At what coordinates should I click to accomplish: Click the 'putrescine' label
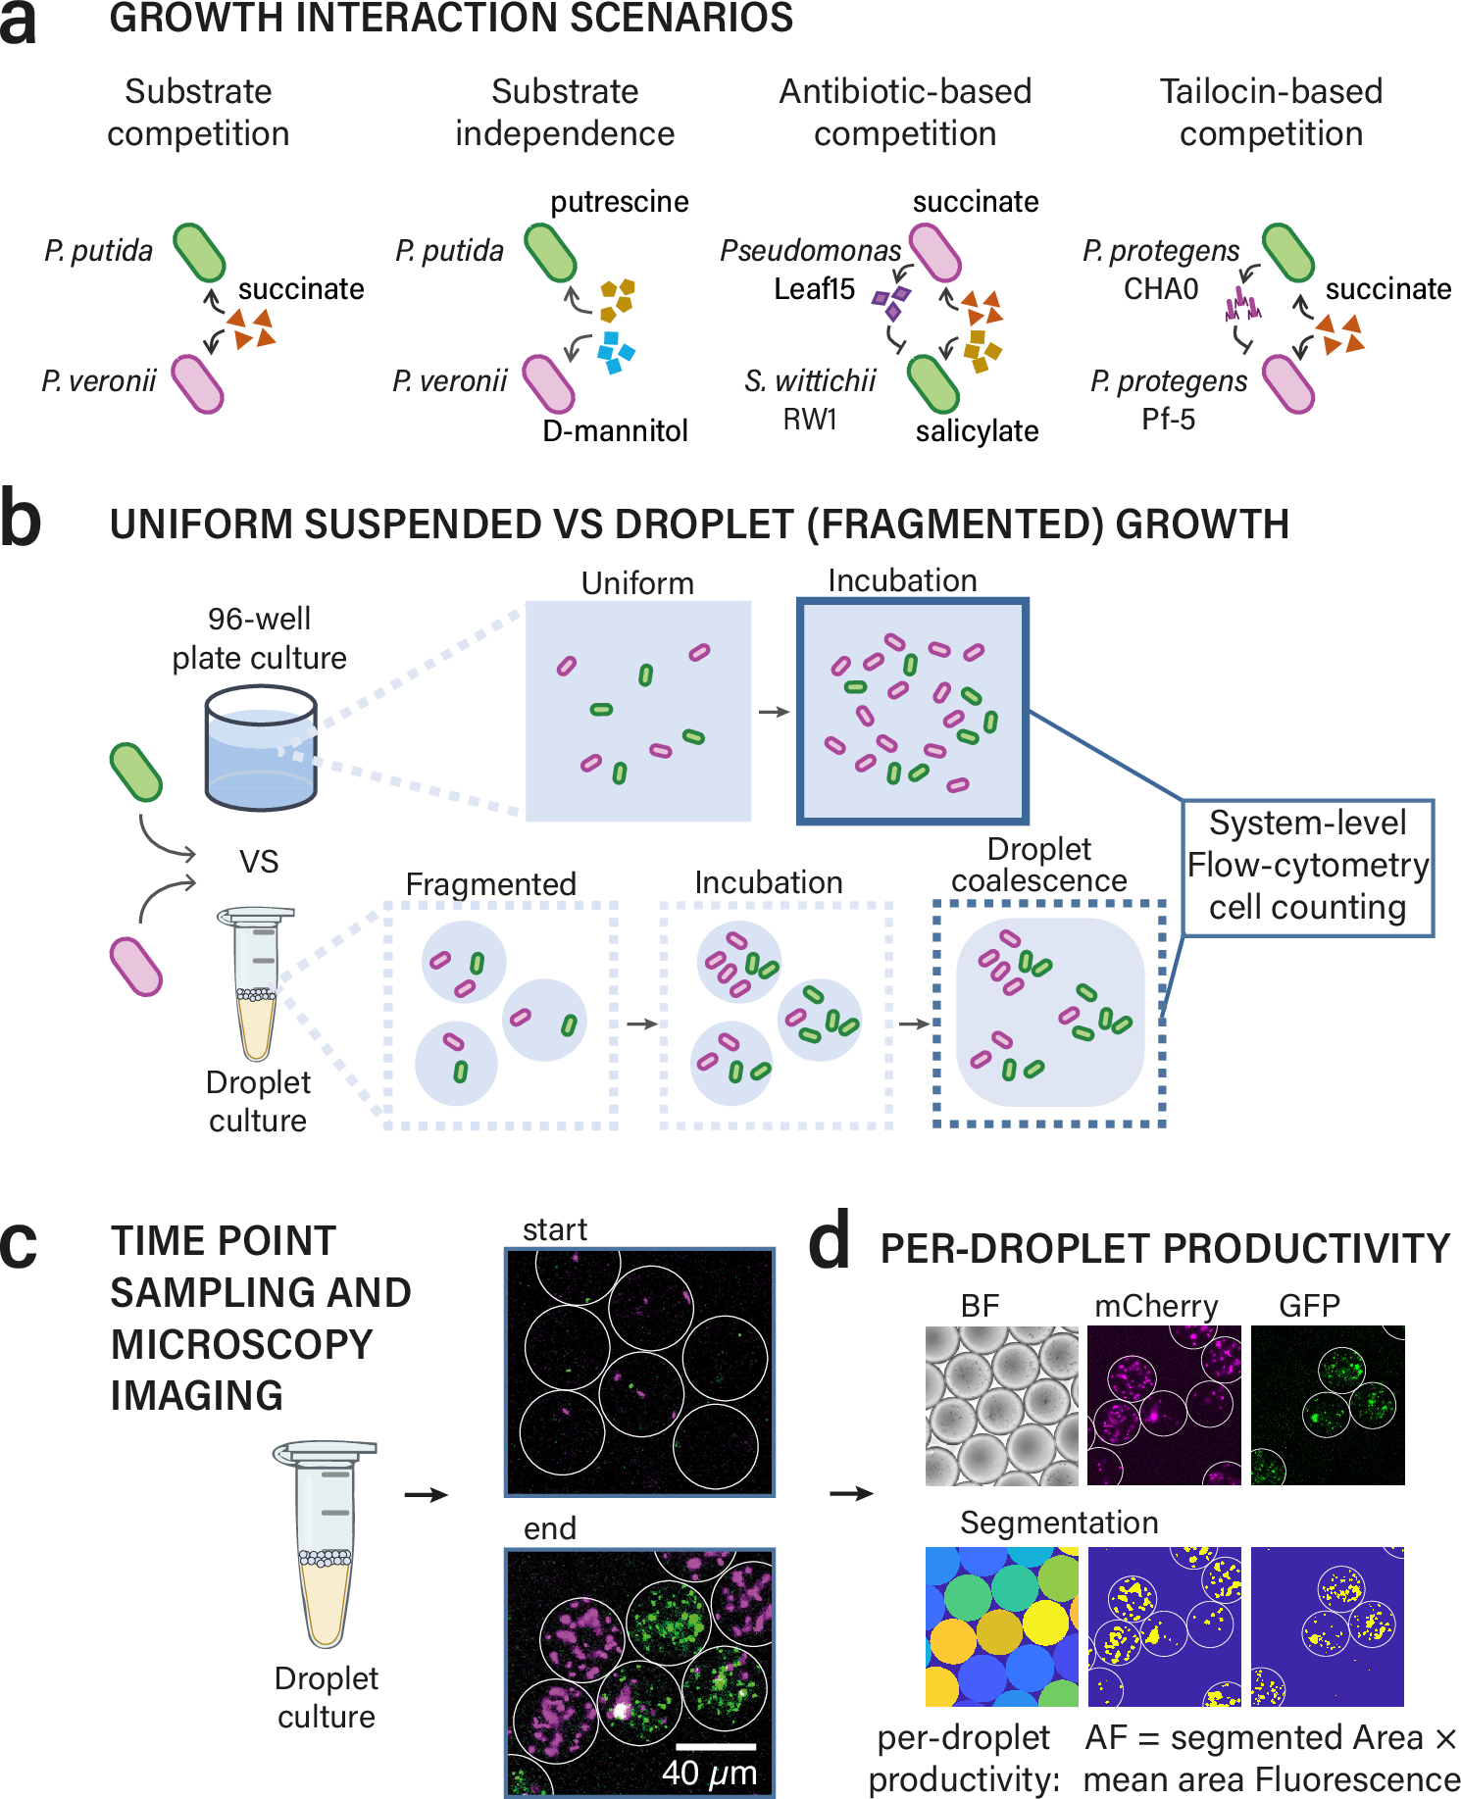[x=619, y=202]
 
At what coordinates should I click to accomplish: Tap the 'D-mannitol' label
[x=615, y=430]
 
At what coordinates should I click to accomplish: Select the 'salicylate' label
[x=977, y=430]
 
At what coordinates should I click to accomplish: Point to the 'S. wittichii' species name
[x=809, y=381]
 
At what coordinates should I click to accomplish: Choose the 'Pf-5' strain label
[x=1168, y=420]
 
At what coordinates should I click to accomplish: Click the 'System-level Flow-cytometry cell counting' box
[x=1307, y=866]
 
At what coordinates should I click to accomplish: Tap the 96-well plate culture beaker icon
[x=261, y=749]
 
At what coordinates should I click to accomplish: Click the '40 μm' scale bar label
[x=709, y=1773]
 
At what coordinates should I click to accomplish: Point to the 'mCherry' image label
[x=1156, y=1306]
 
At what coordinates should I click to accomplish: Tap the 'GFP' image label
[x=1309, y=1306]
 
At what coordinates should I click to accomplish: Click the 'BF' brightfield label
[x=980, y=1306]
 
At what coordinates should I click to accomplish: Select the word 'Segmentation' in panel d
[x=1059, y=1523]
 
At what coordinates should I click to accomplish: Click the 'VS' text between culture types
[x=259, y=862]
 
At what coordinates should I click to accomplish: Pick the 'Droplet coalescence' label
[x=1039, y=865]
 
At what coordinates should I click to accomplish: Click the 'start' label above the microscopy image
[x=554, y=1229]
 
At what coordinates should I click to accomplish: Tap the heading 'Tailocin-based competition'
[x=1271, y=113]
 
